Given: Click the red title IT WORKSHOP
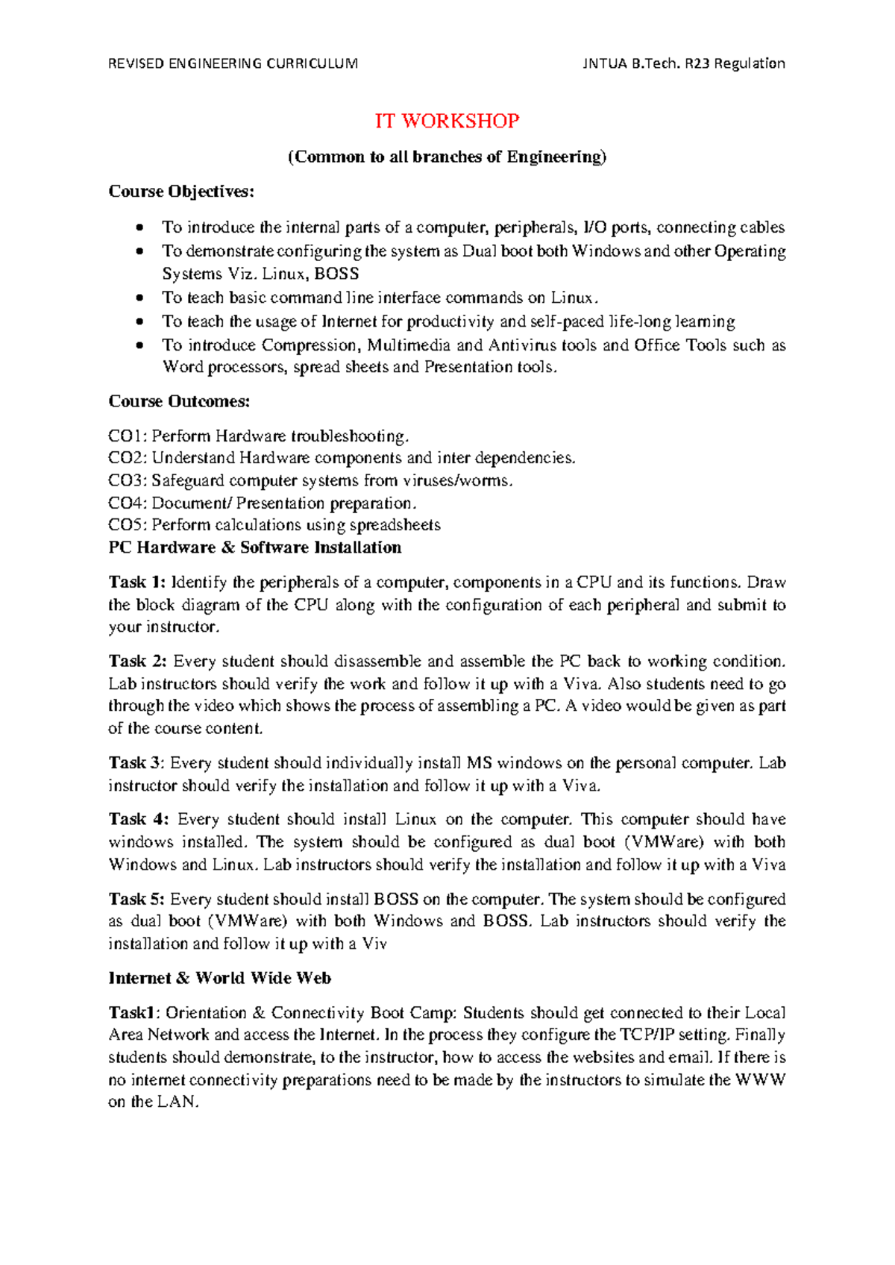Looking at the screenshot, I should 447,121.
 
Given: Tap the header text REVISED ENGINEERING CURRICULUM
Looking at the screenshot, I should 233,63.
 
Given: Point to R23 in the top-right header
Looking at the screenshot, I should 696,63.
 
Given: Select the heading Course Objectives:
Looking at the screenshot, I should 181,192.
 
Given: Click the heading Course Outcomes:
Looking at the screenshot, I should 179,401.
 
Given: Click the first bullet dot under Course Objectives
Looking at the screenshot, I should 139,227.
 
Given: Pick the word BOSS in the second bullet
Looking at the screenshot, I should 336,274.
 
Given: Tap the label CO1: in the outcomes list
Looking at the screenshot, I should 128,436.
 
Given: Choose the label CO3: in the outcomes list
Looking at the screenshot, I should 128,480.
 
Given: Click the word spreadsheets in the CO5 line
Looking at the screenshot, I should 395,525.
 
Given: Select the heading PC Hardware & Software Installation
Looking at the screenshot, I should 255,547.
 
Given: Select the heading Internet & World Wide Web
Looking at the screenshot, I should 219,978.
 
